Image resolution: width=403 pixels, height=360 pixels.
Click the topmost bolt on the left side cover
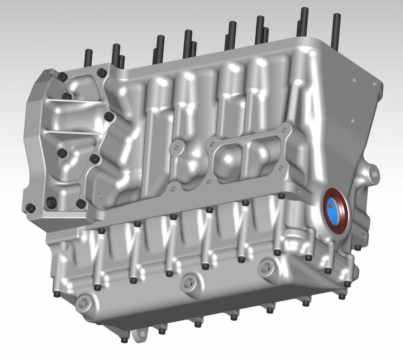[x=63, y=77]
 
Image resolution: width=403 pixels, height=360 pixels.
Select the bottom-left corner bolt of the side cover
[x=30, y=208]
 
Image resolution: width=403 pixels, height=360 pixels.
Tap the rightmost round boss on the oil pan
[x=268, y=266]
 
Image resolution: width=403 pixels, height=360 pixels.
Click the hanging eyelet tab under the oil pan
[x=138, y=335]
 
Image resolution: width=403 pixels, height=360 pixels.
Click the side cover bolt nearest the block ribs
[x=109, y=117]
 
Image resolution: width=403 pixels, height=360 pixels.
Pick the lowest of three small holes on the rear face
[x=353, y=121]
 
